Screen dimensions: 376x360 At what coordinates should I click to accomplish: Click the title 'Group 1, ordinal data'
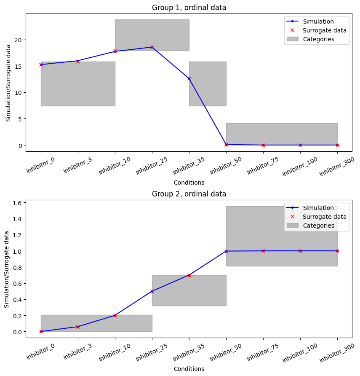click(x=189, y=8)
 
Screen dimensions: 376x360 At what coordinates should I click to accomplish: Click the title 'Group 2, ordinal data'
click(x=189, y=194)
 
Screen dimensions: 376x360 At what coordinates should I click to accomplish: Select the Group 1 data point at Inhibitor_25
click(x=152, y=47)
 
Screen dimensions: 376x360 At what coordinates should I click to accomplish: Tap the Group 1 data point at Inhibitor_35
click(x=189, y=78)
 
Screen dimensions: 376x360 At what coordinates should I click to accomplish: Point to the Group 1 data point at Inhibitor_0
click(x=41, y=64)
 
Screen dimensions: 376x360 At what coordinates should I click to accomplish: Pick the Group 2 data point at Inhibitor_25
click(x=152, y=291)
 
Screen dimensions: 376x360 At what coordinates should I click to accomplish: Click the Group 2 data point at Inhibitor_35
click(x=189, y=275)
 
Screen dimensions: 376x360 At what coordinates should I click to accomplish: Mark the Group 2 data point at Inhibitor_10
click(x=115, y=315)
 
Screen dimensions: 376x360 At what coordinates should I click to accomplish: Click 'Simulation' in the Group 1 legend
click(x=318, y=21)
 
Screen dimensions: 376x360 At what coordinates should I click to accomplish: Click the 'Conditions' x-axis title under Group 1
click(x=189, y=183)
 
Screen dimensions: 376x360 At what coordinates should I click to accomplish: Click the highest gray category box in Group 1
click(x=152, y=35)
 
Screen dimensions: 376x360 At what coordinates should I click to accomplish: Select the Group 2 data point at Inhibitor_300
click(x=337, y=251)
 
